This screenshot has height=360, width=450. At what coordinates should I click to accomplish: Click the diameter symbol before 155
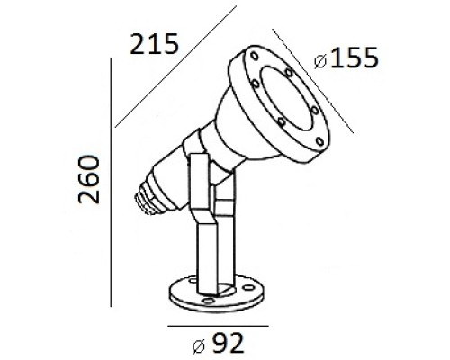tap(323, 61)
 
